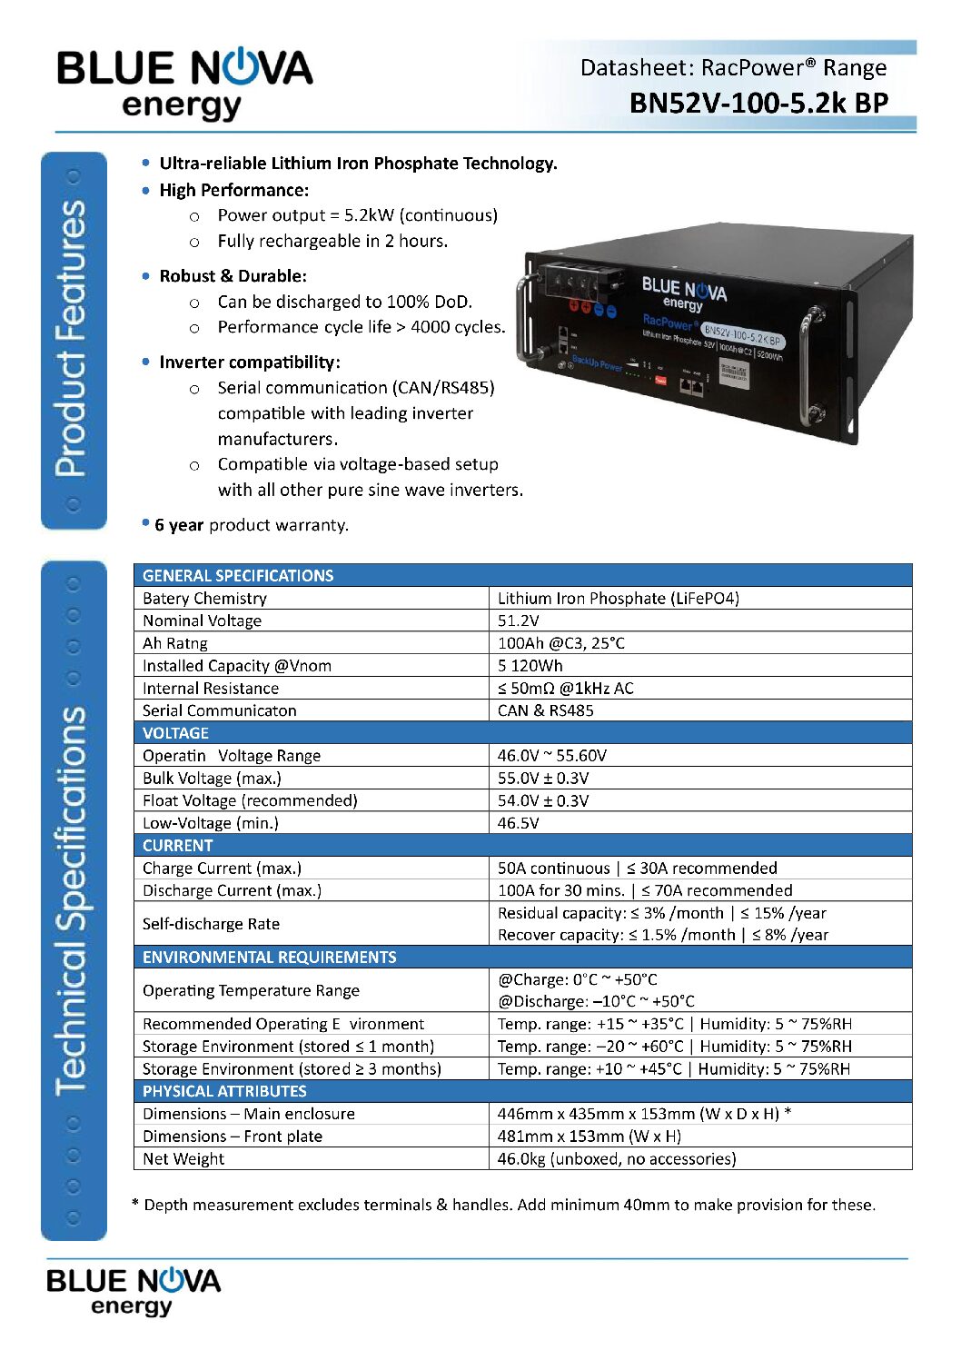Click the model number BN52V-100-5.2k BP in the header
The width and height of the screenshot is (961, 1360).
tap(758, 103)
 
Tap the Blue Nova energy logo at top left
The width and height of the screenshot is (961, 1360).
tap(184, 84)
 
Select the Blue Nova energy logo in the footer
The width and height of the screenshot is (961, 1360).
tap(134, 1290)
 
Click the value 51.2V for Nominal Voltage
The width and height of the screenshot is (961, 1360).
tap(519, 620)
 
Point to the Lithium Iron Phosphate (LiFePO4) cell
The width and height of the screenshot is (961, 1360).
tap(618, 598)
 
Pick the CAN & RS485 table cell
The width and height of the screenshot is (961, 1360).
tap(545, 710)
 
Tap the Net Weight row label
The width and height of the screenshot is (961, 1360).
tap(183, 1158)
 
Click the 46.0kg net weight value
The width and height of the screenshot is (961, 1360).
tap(617, 1158)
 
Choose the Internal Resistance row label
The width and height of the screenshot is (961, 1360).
tap(211, 689)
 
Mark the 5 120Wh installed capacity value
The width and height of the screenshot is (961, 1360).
tap(530, 666)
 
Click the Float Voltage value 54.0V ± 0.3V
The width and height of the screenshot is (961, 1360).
tap(543, 800)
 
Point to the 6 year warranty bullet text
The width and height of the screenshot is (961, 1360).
tap(251, 525)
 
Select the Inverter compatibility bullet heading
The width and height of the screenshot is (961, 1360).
tap(250, 362)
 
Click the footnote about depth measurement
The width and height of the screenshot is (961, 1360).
tap(504, 1205)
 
